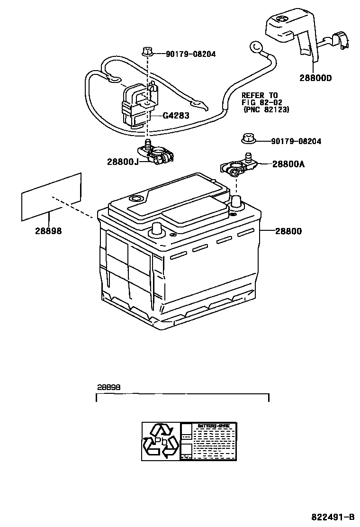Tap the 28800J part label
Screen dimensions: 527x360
[x=122, y=162]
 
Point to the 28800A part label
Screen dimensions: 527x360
[x=288, y=164]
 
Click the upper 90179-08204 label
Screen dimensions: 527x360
[x=190, y=55]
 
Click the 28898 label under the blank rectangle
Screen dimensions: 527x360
[x=48, y=231]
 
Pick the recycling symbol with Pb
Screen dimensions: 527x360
[x=161, y=441]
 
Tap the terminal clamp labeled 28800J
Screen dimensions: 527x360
[x=156, y=154]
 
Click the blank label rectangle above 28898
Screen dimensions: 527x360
[x=51, y=197]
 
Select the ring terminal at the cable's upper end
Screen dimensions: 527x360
[x=256, y=46]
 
